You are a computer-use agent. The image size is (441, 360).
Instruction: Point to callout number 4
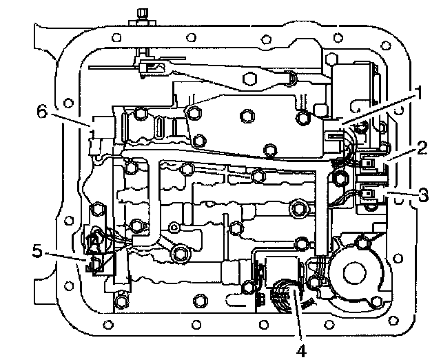pyautogui.click(x=301, y=348)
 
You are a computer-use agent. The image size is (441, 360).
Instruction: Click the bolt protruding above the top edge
pyautogui.click(x=143, y=14)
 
